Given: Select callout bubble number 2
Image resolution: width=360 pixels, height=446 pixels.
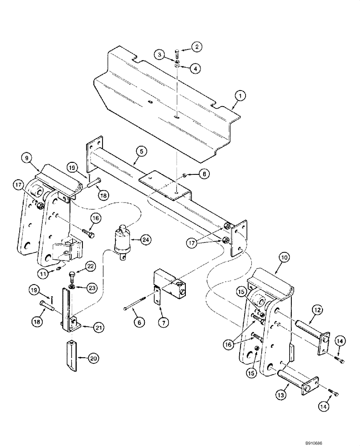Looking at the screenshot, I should [197, 46].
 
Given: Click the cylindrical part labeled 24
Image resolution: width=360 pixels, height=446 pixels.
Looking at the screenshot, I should [123, 241].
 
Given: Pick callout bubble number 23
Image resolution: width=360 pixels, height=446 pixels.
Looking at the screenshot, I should [92, 288].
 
